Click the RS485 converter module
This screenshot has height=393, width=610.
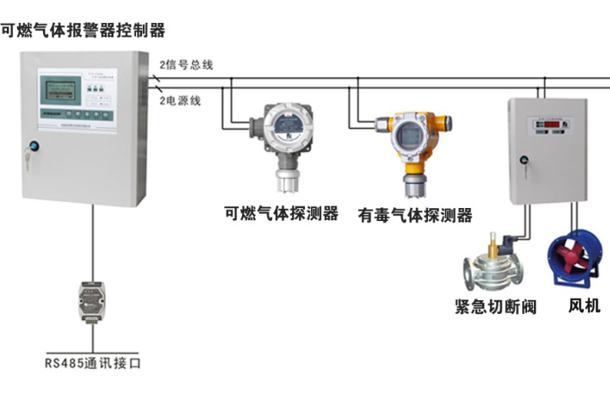[x=92, y=302]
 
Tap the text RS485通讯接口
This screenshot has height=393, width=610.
[x=92, y=362]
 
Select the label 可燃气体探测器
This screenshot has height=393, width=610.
[x=281, y=213]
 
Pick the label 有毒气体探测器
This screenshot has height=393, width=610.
[x=415, y=216]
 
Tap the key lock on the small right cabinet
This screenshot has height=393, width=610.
[x=525, y=161]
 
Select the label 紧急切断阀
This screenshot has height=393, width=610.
[x=496, y=308]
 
